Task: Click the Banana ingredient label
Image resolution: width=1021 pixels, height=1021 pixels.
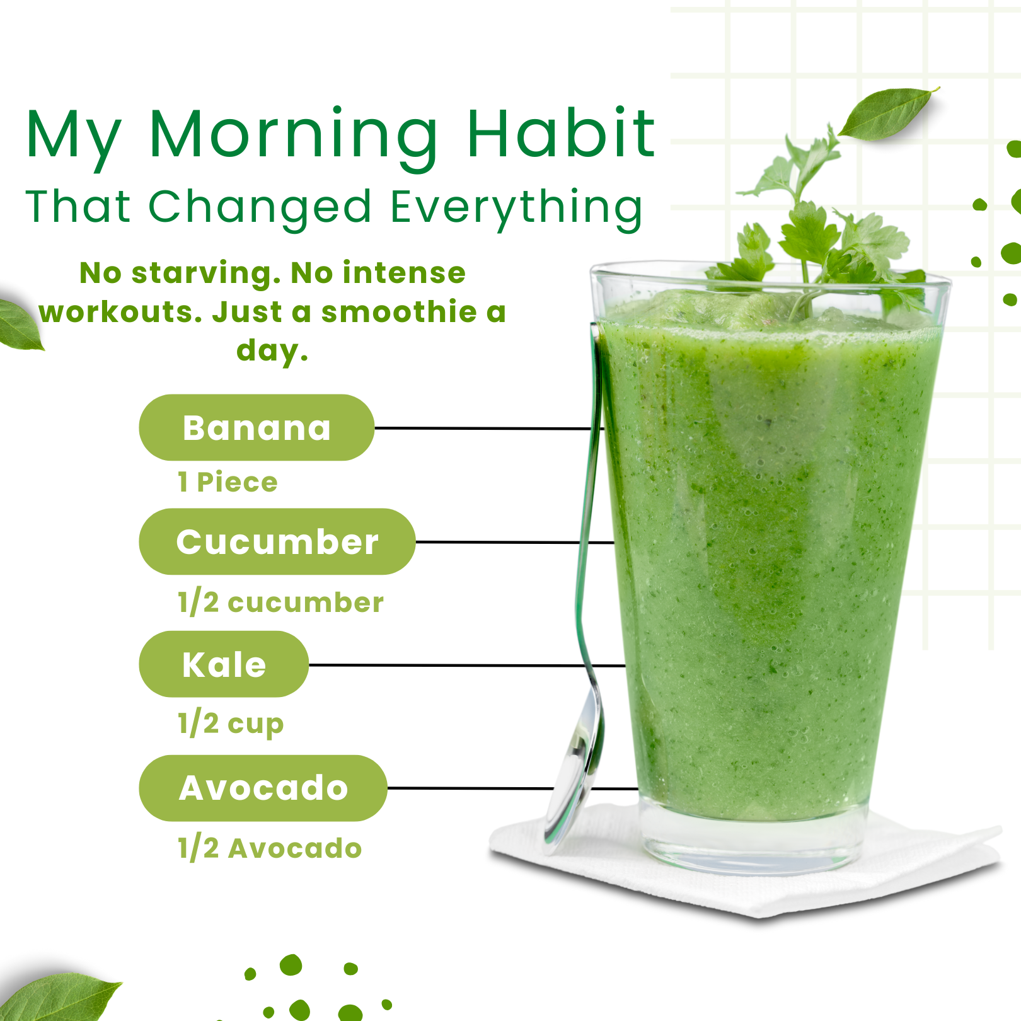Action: pos(257,427)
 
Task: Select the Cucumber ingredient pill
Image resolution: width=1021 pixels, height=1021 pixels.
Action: pos(277,541)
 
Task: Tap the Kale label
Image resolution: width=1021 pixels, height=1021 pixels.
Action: pos(224,664)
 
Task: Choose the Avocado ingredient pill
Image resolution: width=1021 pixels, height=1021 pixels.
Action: pos(263,788)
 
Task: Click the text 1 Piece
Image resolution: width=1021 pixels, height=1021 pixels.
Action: pos(228,482)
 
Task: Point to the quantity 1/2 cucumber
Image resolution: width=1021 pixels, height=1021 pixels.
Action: pos(280,603)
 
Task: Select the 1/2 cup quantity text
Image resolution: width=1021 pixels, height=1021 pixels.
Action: pos(231,724)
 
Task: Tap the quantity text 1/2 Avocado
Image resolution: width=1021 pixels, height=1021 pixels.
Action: pos(270,848)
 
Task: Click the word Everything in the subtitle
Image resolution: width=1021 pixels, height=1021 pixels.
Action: pos(516,208)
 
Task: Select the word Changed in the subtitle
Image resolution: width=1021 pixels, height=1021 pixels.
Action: pos(260,208)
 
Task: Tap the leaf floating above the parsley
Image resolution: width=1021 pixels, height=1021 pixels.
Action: pos(888,113)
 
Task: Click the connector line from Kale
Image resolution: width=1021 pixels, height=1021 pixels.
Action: pos(467,665)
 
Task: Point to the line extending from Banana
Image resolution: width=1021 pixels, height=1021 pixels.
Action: pos(489,428)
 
